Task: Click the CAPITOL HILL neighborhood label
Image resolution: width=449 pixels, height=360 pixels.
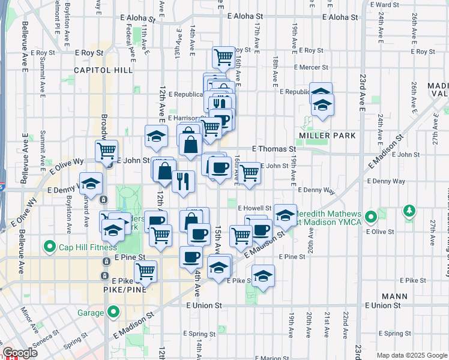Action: pos(103,70)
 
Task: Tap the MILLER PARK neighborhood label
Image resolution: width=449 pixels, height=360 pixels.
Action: pos(330,136)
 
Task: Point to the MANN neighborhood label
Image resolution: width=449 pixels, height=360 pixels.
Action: pos(394,296)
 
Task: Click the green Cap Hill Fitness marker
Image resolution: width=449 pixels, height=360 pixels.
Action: pos(47,246)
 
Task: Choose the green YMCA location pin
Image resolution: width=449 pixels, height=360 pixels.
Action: pos(372,215)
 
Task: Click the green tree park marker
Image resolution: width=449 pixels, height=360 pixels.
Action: pos(410,211)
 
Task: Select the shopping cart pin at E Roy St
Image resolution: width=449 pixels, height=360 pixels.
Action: pos(224,57)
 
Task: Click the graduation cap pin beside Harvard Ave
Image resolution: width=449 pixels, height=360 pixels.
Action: pos(91,182)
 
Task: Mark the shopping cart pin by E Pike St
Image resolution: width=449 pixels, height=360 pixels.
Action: pos(146,271)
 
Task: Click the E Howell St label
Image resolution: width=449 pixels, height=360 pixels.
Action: pos(255,208)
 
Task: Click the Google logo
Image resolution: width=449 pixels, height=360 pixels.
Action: pos(20,353)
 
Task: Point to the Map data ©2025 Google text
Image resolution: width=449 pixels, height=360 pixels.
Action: pos(411,355)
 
